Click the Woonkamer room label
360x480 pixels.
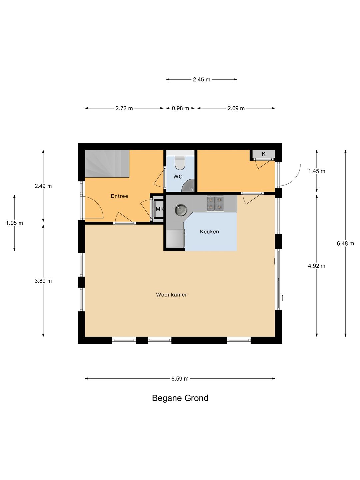coord(171,295)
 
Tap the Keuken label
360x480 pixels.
coord(209,232)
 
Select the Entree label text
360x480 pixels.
coord(119,196)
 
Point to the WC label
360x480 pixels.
coord(178,176)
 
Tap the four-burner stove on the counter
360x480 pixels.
coord(215,203)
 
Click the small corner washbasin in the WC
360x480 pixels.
coord(189,187)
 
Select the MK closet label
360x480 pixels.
coord(160,209)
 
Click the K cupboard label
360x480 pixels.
coord(264,154)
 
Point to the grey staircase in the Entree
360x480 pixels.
coord(107,164)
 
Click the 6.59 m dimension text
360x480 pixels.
coord(180,379)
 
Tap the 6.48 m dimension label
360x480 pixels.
coord(345,243)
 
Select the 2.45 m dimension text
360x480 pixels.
coord(202,79)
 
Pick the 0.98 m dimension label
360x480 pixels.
coord(180,108)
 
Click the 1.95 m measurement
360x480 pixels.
coord(14,223)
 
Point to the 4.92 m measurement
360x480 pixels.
coord(317,266)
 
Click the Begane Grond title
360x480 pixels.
coord(180,398)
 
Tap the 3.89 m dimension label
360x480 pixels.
coord(43,281)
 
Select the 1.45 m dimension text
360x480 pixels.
coord(317,171)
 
